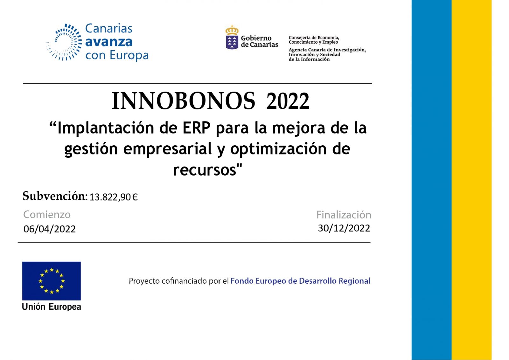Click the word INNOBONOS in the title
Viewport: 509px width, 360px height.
pos(183,101)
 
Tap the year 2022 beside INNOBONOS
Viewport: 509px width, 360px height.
pos(288,101)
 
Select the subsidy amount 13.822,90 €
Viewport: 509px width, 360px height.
pos(114,197)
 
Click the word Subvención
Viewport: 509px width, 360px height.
pos(55,196)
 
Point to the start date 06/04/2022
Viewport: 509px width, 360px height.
pos(50,229)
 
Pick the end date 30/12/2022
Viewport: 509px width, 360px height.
pos(344,228)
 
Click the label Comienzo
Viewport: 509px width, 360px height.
pos(47,215)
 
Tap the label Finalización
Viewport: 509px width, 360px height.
pos(344,215)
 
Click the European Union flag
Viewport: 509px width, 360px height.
pos(51,281)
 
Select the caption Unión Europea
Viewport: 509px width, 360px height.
pos(51,307)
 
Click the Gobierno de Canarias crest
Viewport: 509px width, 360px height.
pos(232,37)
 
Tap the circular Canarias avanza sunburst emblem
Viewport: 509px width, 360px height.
pos(64,42)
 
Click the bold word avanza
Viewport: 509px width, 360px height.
pos(109,42)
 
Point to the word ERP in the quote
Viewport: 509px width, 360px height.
pos(197,128)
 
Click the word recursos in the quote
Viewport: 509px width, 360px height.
pos(205,170)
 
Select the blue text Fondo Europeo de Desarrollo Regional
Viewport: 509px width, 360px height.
pos(300,281)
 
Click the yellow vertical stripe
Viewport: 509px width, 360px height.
pos(471,180)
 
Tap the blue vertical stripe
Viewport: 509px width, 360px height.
pos(431,180)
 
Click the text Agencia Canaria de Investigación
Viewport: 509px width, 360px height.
pos(327,50)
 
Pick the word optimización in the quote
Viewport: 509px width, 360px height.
pos(279,149)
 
